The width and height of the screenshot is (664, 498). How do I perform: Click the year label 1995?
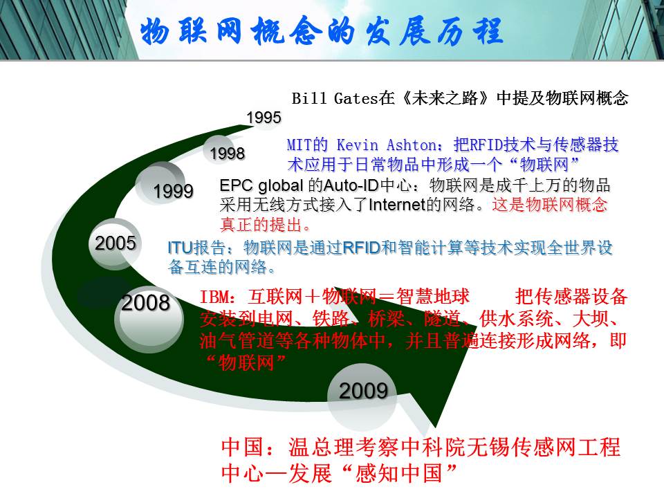point(264,118)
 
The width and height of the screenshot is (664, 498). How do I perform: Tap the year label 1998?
point(228,154)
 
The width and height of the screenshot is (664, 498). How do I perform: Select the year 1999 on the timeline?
point(173,191)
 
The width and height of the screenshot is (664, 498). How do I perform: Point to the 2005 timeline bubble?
point(116,243)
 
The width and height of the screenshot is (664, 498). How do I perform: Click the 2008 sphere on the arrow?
point(149,317)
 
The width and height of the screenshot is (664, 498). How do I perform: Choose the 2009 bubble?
point(363,396)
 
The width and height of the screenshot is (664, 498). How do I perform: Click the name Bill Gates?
point(335,98)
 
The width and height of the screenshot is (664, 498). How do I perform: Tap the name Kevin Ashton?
point(387,145)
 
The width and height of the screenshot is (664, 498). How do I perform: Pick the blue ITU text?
point(181,248)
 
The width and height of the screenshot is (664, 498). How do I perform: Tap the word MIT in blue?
point(299,145)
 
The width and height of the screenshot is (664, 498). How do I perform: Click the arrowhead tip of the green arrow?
point(436,425)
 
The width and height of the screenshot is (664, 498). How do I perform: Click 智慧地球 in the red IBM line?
point(433,297)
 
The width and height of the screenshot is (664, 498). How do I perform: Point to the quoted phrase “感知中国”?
point(399,472)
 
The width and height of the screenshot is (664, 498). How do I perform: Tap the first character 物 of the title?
point(155,31)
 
